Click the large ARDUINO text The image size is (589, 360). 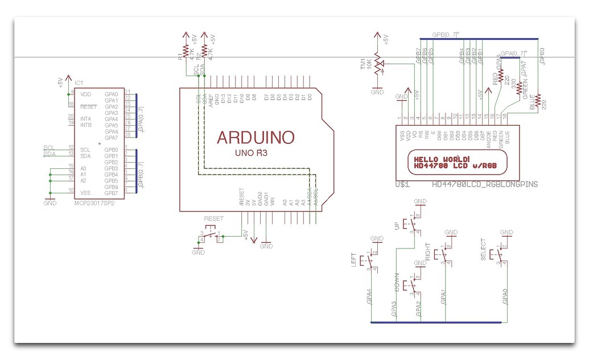pyautogui.click(x=256, y=138)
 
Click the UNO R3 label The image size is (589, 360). pyautogui.click(x=252, y=153)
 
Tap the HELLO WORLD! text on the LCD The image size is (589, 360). pyautogui.click(x=442, y=159)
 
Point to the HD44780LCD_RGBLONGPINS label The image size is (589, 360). pyautogui.click(x=485, y=185)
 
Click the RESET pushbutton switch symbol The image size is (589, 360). pyautogui.click(x=211, y=235)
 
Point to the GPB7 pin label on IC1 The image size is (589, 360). pyautogui.click(x=111, y=193)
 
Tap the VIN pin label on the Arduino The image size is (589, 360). pyautogui.click(x=273, y=202)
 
